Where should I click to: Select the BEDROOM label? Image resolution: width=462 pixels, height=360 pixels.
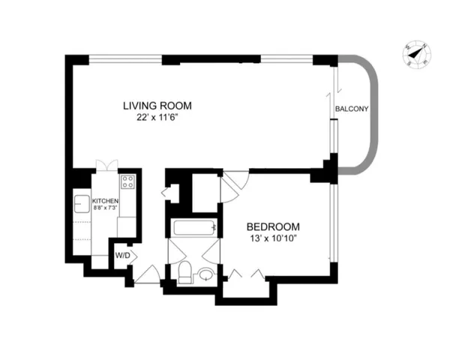click(273, 226)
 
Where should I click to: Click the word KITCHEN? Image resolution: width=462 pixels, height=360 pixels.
click(105, 202)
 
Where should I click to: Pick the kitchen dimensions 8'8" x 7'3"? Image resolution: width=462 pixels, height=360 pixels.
click(105, 210)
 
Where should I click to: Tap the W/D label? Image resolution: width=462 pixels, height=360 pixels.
click(121, 253)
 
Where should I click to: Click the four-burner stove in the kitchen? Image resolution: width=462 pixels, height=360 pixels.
click(127, 181)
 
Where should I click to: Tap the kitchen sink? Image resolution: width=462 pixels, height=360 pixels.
click(82, 203)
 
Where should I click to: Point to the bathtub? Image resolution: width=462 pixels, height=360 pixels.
click(194, 229)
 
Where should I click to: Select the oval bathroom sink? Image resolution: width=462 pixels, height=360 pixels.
click(205, 276)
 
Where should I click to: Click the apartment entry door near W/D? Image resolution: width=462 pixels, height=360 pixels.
click(147, 274)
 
